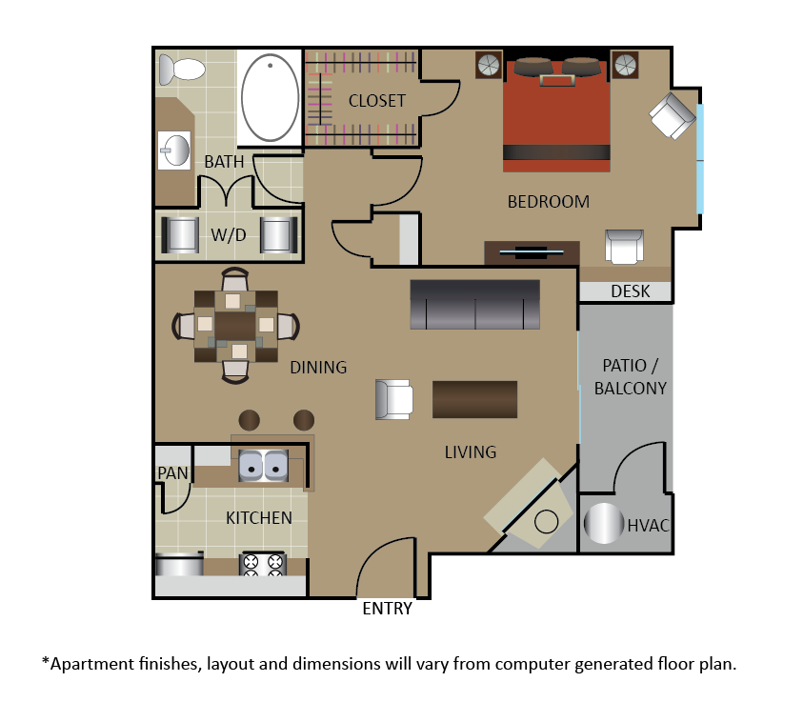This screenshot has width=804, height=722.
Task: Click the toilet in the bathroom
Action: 182,70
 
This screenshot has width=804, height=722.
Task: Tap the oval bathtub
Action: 270,97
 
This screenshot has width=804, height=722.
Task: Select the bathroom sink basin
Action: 174,150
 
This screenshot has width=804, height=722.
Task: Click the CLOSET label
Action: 377,101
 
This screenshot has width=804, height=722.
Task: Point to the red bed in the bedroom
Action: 556,115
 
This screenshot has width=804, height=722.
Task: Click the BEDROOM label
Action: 548,202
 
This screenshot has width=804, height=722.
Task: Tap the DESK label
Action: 631,291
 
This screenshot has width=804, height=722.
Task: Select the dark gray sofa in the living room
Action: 474,304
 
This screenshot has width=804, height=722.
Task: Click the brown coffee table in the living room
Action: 474,399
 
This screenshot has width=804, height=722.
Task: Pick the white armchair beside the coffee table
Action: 393,399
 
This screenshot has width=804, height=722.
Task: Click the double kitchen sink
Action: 263,466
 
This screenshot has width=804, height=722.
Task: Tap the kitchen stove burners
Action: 263,564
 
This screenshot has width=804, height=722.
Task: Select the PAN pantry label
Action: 172,472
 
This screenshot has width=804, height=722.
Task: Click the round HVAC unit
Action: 604,524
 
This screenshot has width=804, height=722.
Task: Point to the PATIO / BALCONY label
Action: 631,377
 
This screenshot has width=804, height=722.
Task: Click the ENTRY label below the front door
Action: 387,609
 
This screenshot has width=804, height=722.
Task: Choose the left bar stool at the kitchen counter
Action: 250,420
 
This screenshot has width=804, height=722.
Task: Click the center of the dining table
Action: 235,326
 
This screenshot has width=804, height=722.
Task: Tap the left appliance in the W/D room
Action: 180,235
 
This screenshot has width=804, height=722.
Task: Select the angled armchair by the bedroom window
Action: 673,116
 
